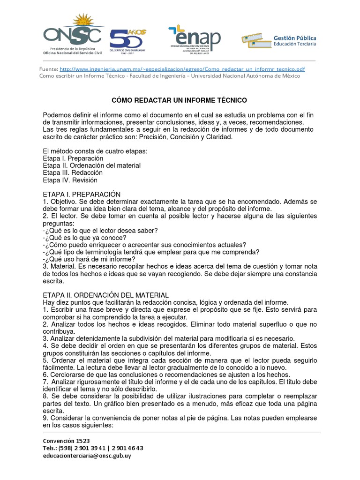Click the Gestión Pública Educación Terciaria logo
(279, 41)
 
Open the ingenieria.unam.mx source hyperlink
(182, 68)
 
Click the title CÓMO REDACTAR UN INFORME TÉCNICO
(179, 100)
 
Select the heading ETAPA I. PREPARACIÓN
(82, 194)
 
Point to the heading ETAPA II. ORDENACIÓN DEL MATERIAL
(105, 295)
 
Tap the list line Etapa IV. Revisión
(70, 180)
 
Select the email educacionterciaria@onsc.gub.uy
(88, 455)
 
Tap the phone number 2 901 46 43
(127, 448)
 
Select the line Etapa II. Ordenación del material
(91, 165)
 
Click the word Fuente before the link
(49, 68)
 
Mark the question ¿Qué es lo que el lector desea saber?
(100, 230)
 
